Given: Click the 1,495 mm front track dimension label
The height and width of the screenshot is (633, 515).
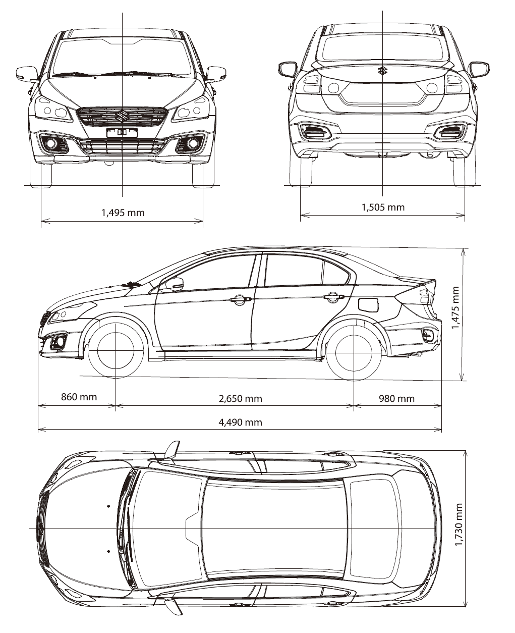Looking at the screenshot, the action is click(x=123, y=213).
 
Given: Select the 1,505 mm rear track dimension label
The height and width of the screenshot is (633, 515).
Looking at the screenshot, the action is click(x=383, y=207).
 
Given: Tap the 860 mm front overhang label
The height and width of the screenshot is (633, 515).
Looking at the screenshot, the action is click(x=79, y=397).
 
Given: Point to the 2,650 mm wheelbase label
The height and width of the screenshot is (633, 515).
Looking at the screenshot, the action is click(x=241, y=398).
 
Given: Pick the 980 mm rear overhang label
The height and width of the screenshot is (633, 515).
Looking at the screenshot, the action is click(x=397, y=398).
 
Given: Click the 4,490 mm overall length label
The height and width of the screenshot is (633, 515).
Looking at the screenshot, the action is click(x=241, y=423).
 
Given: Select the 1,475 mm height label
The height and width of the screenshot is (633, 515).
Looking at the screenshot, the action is click(x=455, y=307).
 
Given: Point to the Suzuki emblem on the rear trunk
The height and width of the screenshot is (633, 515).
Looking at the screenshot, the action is click(x=382, y=70).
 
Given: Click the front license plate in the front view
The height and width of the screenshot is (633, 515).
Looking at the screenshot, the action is click(x=122, y=133).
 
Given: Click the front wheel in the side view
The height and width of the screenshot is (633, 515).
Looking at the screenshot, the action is click(x=116, y=350).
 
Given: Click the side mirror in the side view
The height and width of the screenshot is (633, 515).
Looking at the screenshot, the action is click(x=175, y=284).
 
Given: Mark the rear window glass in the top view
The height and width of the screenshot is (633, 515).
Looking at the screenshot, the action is click(x=375, y=530).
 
